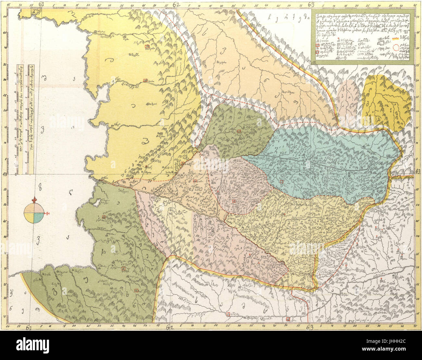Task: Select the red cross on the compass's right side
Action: coord(47,213)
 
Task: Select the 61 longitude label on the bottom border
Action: coord(29,328)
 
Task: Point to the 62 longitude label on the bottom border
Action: coord(169,328)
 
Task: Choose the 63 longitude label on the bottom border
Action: coord(310,328)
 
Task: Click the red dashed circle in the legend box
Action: coord(396,48)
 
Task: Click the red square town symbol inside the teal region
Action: coord(282,181)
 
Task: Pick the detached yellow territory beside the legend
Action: coord(385,102)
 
